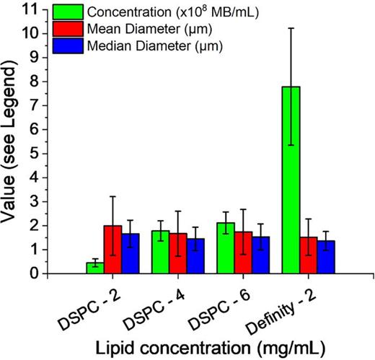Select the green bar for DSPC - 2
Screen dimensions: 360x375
94,268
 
